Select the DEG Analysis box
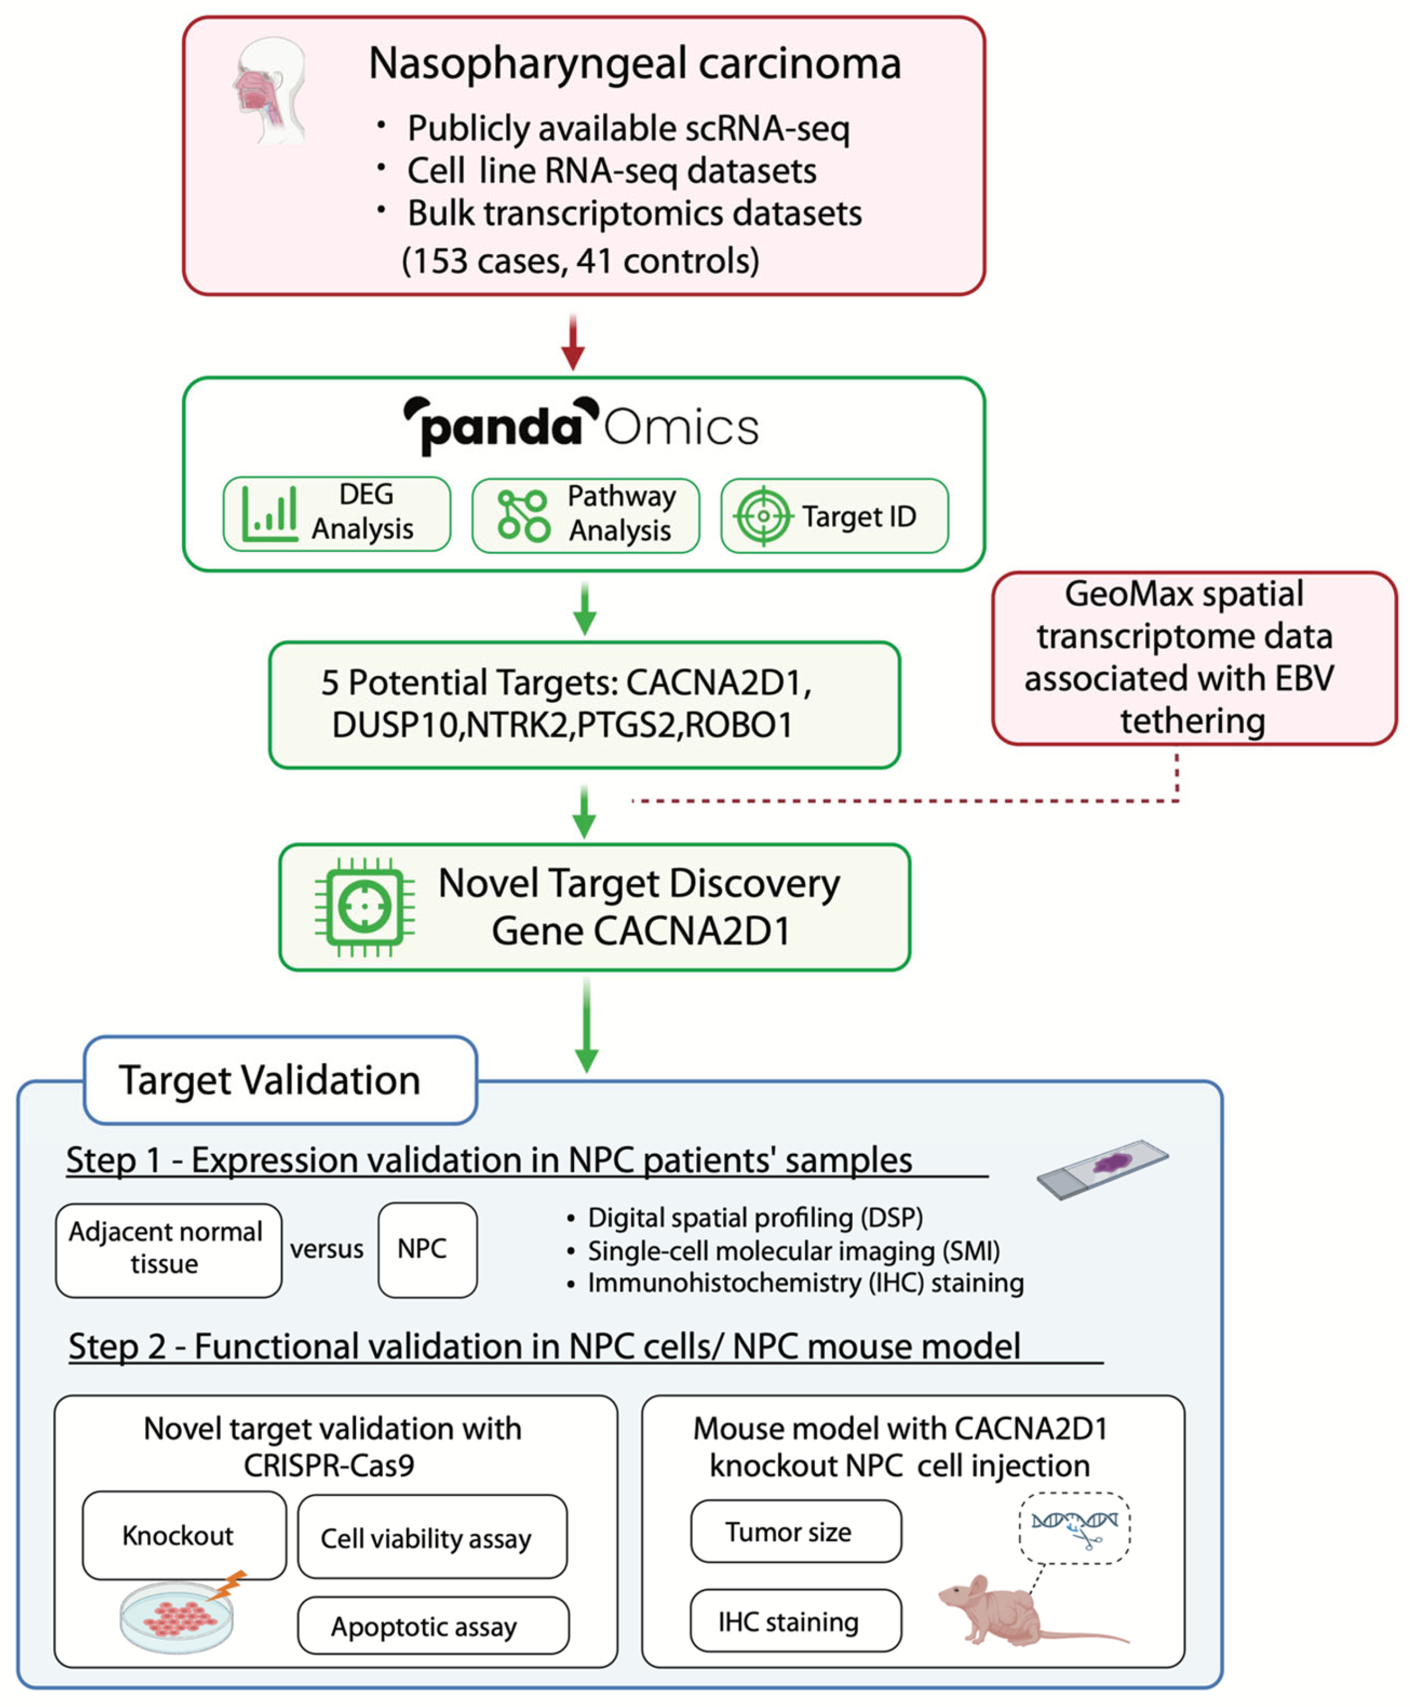tap(336, 514)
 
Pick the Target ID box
tap(834, 516)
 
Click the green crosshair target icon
tap(762, 516)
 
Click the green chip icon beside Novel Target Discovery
tap(364, 906)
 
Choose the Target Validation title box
tap(279, 1080)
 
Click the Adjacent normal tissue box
tap(168, 1250)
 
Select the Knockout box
tap(184, 1535)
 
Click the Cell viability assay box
tap(432, 1537)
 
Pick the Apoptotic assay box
tap(432, 1626)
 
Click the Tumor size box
tap(795, 1531)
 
